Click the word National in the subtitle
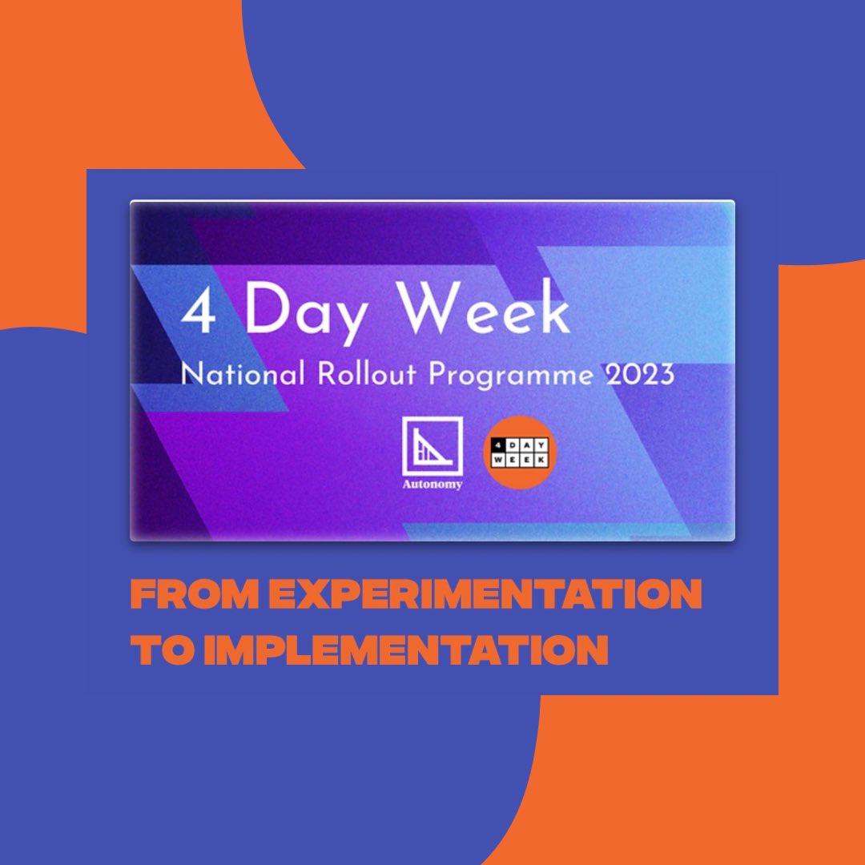click(231, 374)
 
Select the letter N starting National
click(189, 374)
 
